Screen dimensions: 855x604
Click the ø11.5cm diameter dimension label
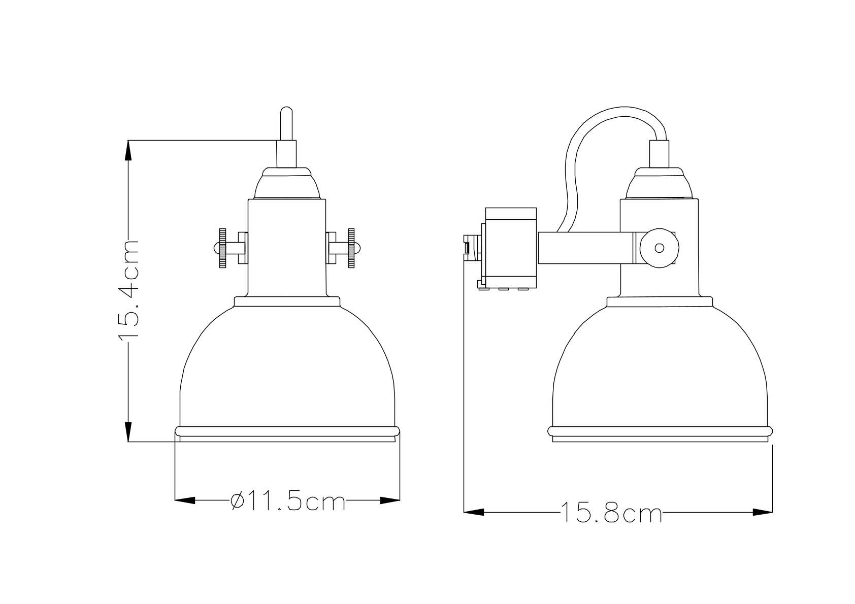[x=288, y=502]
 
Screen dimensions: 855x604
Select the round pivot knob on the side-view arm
[x=659, y=248]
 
